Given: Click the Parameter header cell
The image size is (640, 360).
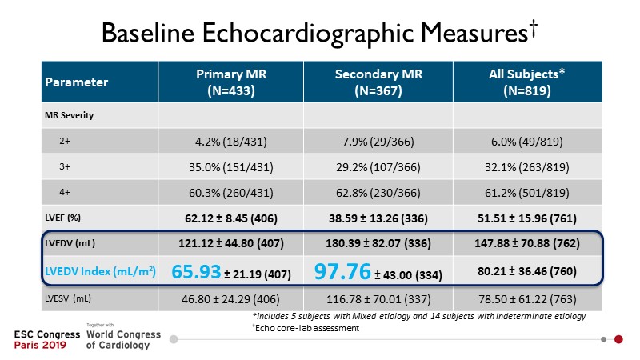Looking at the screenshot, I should (x=76, y=82).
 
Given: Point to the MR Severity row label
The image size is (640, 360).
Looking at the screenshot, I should (x=69, y=115).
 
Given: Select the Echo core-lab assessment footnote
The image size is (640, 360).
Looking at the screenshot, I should (x=300, y=326).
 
